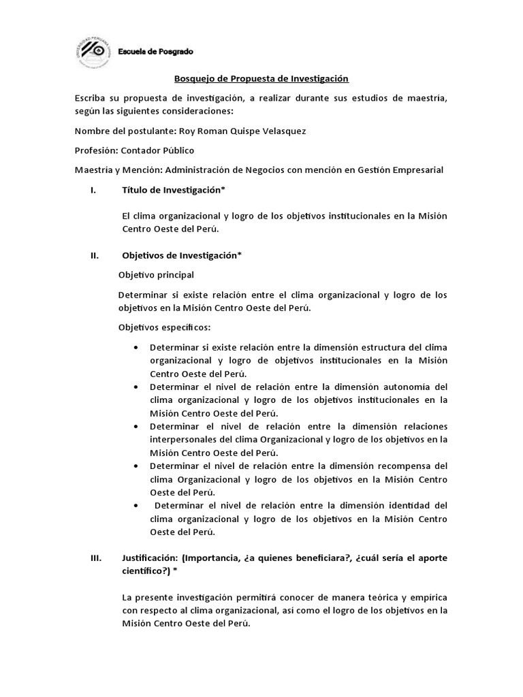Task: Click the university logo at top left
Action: pyautogui.click(x=95, y=52)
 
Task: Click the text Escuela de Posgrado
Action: pyautogui.click(x=155, y=52)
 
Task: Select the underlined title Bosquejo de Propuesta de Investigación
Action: pyautogui.click(x=261, y=80)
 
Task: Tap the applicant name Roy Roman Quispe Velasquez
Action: pyautogui.click(x=242, y=131)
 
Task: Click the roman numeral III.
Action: pyautogui.click(x=95, y=558)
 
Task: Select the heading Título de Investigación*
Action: pyautogui.click(x=174, y=190)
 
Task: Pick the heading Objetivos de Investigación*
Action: pyautogui.click(x=182, y=256)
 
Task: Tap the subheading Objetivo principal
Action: pyautogui.click(x=156, y=275)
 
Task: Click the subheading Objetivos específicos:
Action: pyautogui.click(x=164, y=327)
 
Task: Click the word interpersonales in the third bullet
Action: pyautogui.click(x=182, y=440)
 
